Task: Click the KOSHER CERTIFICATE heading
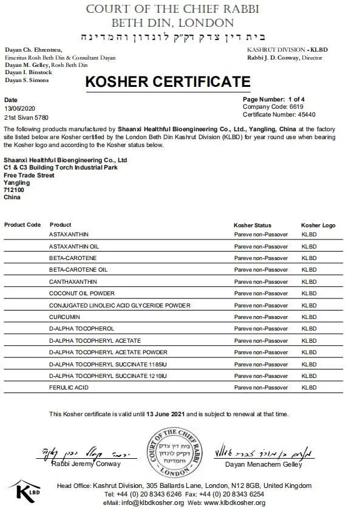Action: click(167, 82)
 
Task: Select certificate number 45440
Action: click(304, 114)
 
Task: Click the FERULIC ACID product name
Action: click(69, 387)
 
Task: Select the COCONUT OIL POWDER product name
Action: click(78, 293)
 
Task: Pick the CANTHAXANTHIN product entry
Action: click(72, 281)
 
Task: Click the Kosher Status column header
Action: click(253, 225)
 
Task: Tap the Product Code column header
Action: click(22, 225)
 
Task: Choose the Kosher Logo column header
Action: click(318, 225)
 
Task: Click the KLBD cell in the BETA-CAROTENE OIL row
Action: click(309, 269)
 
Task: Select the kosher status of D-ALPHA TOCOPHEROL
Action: click(261, 329)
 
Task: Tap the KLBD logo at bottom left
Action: click(27, 490)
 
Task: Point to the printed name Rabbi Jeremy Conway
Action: click(86, 464)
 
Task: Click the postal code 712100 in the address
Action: click(13, 190)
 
